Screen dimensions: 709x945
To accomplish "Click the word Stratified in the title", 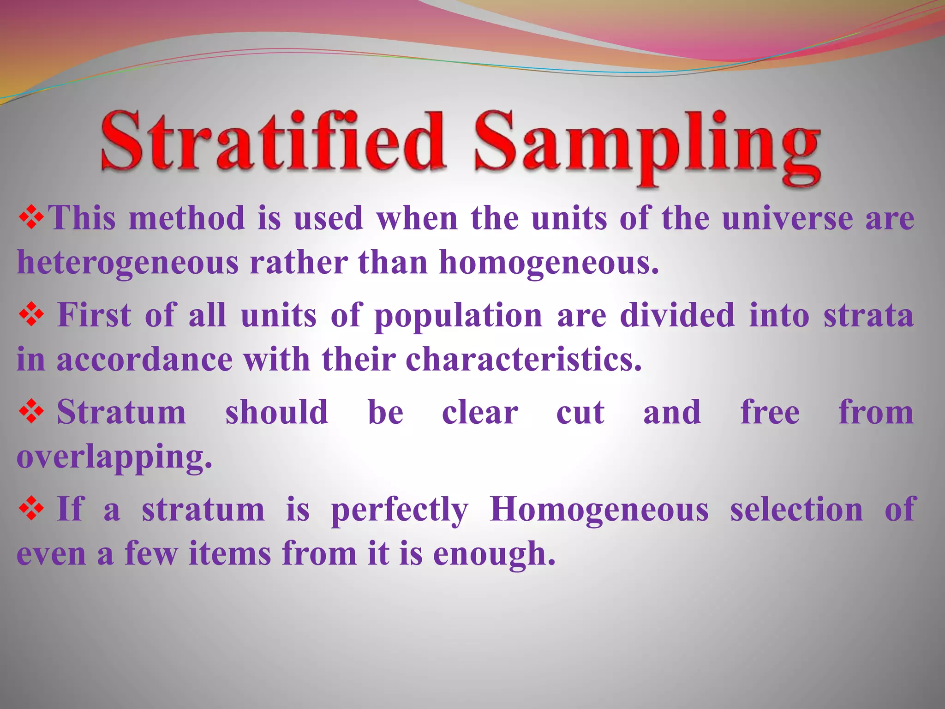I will (x=272, y=141).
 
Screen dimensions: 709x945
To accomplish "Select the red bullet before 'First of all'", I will (x=31, y=315).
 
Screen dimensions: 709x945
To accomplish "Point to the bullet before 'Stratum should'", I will (x=31, y=412).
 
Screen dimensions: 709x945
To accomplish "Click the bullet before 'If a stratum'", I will (x=31, y=509).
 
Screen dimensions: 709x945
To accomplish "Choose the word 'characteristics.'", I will (x=524, y=359).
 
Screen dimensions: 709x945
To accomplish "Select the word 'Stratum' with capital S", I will (x=121, y=412).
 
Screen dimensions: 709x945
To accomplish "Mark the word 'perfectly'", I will (x=400, y=511).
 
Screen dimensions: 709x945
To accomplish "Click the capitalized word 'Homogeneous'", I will (x=599, y=511).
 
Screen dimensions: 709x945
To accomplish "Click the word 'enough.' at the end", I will (x=494, y=554).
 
